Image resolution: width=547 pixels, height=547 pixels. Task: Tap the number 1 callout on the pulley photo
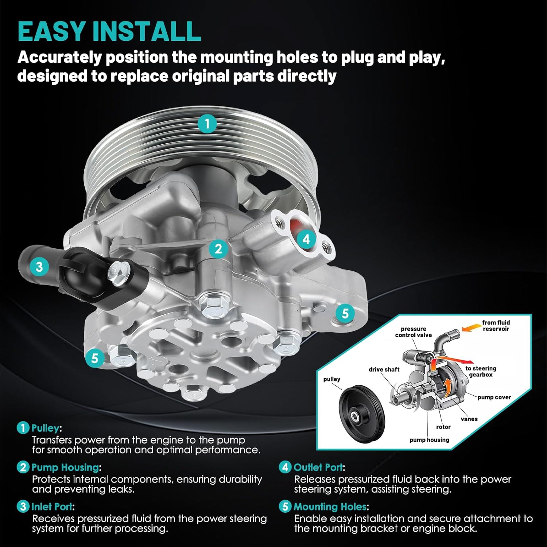coord(207,124)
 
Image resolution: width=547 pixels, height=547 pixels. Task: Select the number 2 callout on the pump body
coord(218,249)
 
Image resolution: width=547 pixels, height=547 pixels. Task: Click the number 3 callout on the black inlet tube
coord(39,267)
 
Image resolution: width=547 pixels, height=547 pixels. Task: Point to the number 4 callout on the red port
coord(306,239)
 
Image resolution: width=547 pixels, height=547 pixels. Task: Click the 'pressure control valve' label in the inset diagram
coord(413,332)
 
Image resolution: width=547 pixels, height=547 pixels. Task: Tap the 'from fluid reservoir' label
coord(496,326)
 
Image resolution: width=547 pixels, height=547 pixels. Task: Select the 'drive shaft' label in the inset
coord(384,369)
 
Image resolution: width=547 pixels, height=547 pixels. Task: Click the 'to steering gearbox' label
coord(481,371)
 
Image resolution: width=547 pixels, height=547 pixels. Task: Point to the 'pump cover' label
coord(494,397)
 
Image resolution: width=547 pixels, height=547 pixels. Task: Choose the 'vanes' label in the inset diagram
coord(469,419)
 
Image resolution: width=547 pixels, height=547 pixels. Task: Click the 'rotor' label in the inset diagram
coord(443,427)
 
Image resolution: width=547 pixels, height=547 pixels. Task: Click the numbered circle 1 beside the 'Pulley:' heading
coord(23,428)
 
